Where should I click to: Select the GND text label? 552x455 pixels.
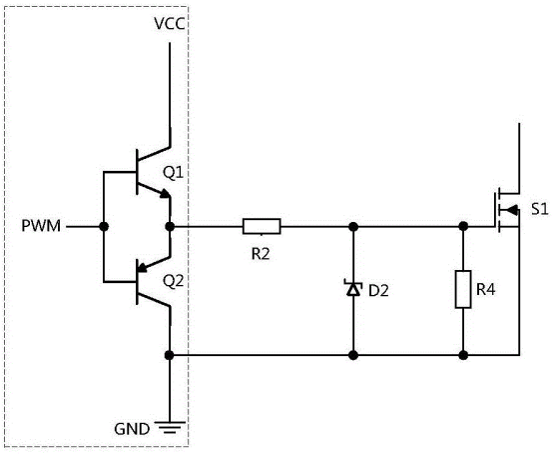pyautogui.click(x=133, y=428)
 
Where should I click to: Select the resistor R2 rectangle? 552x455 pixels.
pyautogui.click(x=262, y=227)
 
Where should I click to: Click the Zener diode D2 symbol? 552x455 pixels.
pyautogui.click(x=352, y=290)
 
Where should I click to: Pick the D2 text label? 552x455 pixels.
pyautogui.click(x=378, y=291)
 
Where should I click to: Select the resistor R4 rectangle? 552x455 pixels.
pyautogui.click(x=463, y=290)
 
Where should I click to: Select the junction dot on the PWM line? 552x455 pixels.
pyautogui.click(x=103, y=227)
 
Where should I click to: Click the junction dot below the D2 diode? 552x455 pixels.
pyautogui.click(x=352, y=355)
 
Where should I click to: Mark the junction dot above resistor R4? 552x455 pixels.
pyautogui.click(x=463, y=227)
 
